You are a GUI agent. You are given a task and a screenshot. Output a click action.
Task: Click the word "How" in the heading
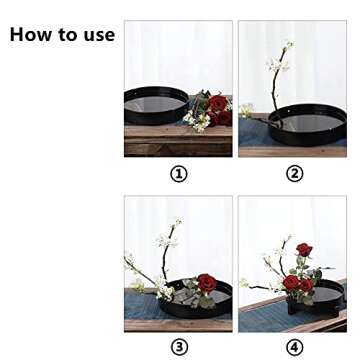pyautogui.click(x=31, y=35)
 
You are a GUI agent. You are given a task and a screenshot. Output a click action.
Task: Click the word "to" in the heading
pyautogui.click(x=66, y=35)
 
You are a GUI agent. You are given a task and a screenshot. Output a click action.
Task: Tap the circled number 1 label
pyautogui.click(x=179, y=173)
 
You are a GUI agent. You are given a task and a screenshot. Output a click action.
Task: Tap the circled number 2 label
pyautogui.click(x=294, y=173)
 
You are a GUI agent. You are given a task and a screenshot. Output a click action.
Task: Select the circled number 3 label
pyautogui.click(x=179, y=346)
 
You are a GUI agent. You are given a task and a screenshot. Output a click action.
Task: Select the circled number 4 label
pyautogui.click(x=294, y=346)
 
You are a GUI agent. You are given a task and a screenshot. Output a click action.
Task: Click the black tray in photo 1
pyautogui.click(x=155, y=104)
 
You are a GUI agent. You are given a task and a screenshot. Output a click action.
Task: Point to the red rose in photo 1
pyautogui.click(x=217, y=104)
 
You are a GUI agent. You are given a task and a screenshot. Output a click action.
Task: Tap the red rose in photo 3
pyautogui.click(x=206, y=283)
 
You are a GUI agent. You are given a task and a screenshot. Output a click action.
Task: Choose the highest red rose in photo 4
pyautogui.click(x=304, y=250)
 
